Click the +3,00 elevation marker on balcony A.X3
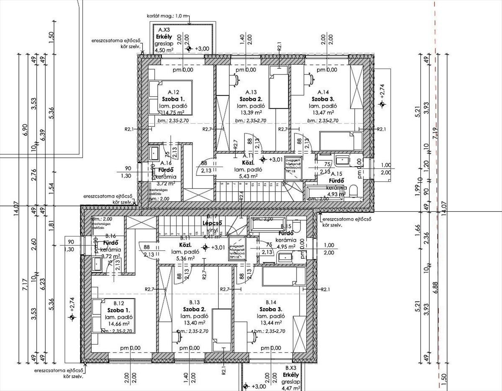[x=189, y=49]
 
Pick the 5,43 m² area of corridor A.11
[x=248, y=176]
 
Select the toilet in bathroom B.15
[x=297, y=226]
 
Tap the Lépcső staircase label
[x=212, y=223]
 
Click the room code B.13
[x=193, y=302]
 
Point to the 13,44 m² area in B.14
[x=271, y=324]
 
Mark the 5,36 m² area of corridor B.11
[x=184, y=259]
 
